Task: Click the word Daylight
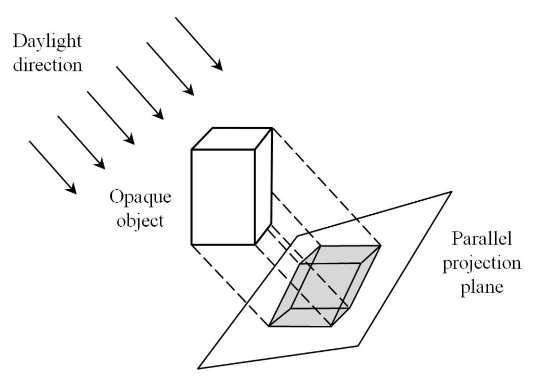point(47,42)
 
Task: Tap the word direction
point(47,66)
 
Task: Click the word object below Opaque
point(141,220)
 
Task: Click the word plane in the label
point(481,286)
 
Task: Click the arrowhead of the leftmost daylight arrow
point(73,190)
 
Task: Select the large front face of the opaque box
point(223,197)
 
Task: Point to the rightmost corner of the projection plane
point(451,192)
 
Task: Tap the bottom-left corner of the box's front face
point(192,244)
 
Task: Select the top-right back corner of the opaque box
point(271,128)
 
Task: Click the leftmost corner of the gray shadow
point(269,326)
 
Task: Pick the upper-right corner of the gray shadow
point(380,245)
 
